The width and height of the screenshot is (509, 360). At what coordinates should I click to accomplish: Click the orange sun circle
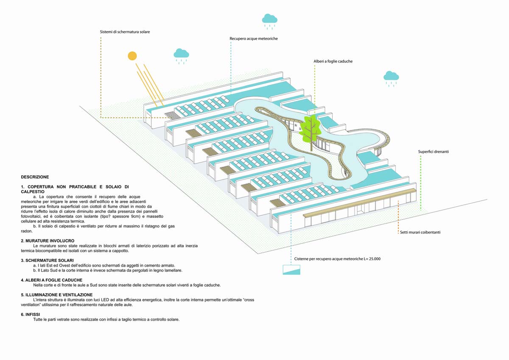tap(133, 56)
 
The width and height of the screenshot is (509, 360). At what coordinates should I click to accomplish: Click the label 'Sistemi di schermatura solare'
tap(125, 32)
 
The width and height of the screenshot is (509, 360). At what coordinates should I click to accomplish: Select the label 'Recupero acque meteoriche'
tap(254, 39)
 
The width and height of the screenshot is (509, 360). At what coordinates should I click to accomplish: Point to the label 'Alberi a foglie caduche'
tap(333, 61)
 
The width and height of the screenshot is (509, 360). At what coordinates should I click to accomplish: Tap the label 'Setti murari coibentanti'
tap(423, 232)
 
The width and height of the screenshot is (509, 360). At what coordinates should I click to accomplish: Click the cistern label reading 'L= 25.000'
tap(337, 259)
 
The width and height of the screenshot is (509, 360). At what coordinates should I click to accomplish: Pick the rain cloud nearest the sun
tap(181, 53)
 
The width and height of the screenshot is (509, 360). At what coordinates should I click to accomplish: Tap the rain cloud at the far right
tap(391, 76)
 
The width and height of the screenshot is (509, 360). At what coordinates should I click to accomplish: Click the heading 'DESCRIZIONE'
tap(35, 177)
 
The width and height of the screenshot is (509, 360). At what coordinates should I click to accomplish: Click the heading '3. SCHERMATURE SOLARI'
tap(47, 260)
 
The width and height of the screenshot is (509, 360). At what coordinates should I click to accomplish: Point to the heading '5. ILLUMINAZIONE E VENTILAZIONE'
tap(63, 295)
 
